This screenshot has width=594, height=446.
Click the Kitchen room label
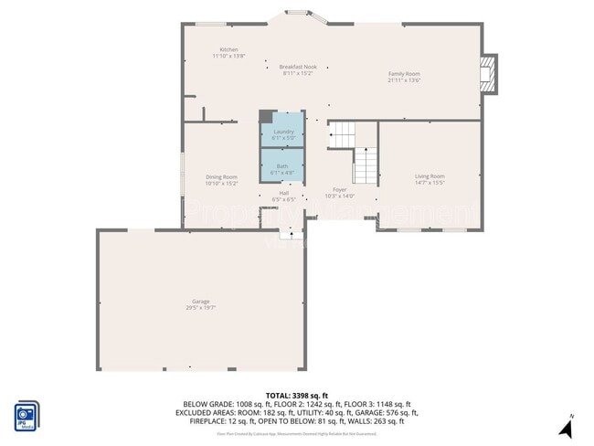[228, 49]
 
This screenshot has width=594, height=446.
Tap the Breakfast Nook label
[297, 67]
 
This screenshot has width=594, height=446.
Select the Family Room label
[404, 73]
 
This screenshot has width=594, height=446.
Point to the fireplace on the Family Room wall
[490, 74]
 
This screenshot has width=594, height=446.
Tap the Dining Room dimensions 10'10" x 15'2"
[221, 184]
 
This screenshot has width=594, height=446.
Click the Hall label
[283, 193]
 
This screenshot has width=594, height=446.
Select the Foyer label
[339, 189]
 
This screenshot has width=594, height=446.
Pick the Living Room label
[430, 175]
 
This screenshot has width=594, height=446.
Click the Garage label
[200, 302]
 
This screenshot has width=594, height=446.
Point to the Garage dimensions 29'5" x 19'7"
[200, 308]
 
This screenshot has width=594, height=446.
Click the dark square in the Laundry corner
[266, 116]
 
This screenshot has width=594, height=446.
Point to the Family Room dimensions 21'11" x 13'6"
[404, 80]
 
